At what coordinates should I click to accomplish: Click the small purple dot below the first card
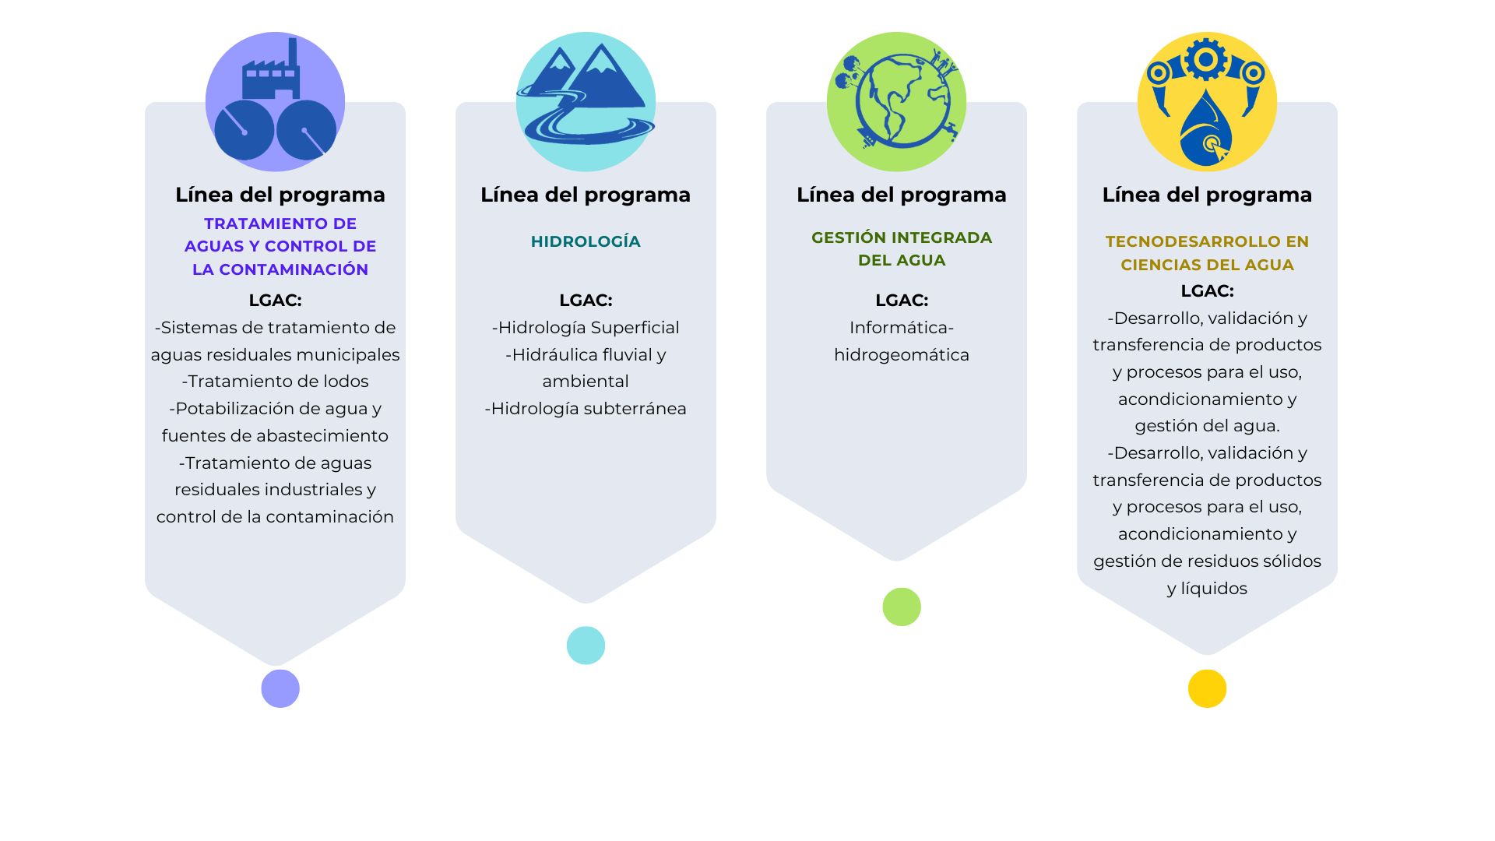pyautogui.click(x=280, y=688)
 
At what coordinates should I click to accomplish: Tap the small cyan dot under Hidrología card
pyautogui.click(x=586, y=646)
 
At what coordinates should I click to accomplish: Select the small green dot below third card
pyautogui.click(x=902, y=607)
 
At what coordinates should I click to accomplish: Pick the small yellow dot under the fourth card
pyautogui.click(x=1207, y=688)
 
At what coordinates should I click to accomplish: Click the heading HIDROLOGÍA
pyautogui.click(x=586, y=241)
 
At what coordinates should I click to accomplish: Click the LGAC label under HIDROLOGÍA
pyautogui.click(x=586, y=300)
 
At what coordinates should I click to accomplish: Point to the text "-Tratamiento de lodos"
pyautogui.click(x=275, y=382)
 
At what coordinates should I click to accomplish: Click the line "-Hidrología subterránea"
pyautogui.click(x=586, y=409)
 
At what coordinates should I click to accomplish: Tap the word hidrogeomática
pyautogui.click(x=902, y=355)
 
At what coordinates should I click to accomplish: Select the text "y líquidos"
pyautogui.click(x=1207, y=589)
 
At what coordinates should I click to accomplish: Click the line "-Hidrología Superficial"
pyautogui.click(x=586, y=328)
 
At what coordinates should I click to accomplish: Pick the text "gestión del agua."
pyautogui.click(x=1207, y=426)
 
